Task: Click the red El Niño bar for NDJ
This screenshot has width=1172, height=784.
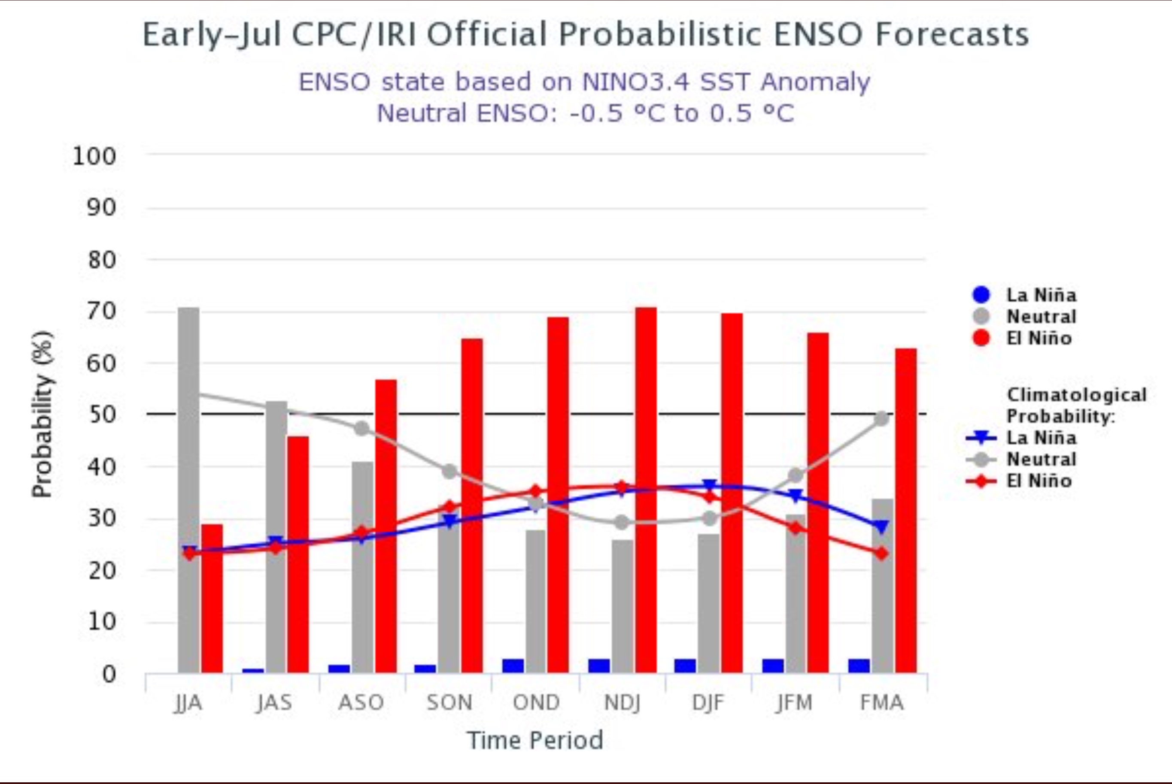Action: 646,490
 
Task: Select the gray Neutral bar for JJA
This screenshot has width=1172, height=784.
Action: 188,490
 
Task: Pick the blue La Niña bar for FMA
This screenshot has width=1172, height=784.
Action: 859,666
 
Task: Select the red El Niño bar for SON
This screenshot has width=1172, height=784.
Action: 472,505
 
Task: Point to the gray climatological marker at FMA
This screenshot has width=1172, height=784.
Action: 881,418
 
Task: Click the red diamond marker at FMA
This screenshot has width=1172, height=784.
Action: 881,554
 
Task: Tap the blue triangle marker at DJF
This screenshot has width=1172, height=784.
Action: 709,485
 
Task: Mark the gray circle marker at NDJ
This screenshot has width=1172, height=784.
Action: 621,523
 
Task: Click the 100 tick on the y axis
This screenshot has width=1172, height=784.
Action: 94,157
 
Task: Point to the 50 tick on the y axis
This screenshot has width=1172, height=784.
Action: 102,415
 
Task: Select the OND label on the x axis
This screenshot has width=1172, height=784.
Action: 536,703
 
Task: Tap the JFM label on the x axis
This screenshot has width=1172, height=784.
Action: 794,703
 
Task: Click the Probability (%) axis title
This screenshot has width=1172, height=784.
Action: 42,414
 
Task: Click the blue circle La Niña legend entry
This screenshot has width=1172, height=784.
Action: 1024,295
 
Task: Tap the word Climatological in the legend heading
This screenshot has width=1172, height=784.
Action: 1076,394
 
